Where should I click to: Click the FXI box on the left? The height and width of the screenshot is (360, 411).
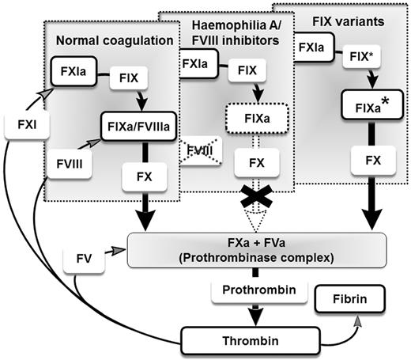(21, 124)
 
